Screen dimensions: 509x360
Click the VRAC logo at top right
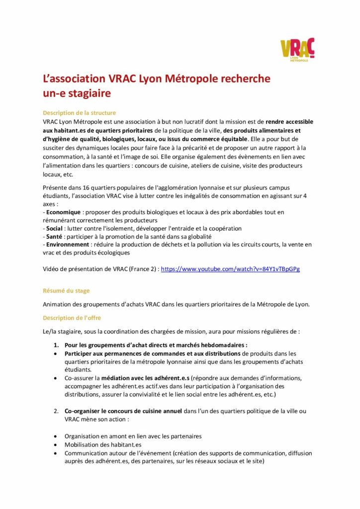click(297, 50)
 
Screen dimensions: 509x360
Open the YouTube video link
click(230, 269)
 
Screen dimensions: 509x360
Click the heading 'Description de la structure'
click(80, 113)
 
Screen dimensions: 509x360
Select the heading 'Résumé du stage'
click(66, 290)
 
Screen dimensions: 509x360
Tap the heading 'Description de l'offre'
click(72, 318)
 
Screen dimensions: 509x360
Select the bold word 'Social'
click(54, 228)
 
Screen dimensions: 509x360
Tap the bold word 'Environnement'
click(68, 244)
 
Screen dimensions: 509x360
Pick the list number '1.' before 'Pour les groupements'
click(56, 345)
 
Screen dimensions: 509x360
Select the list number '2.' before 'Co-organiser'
click(56, 411)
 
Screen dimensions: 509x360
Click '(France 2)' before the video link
click(142, 269)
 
